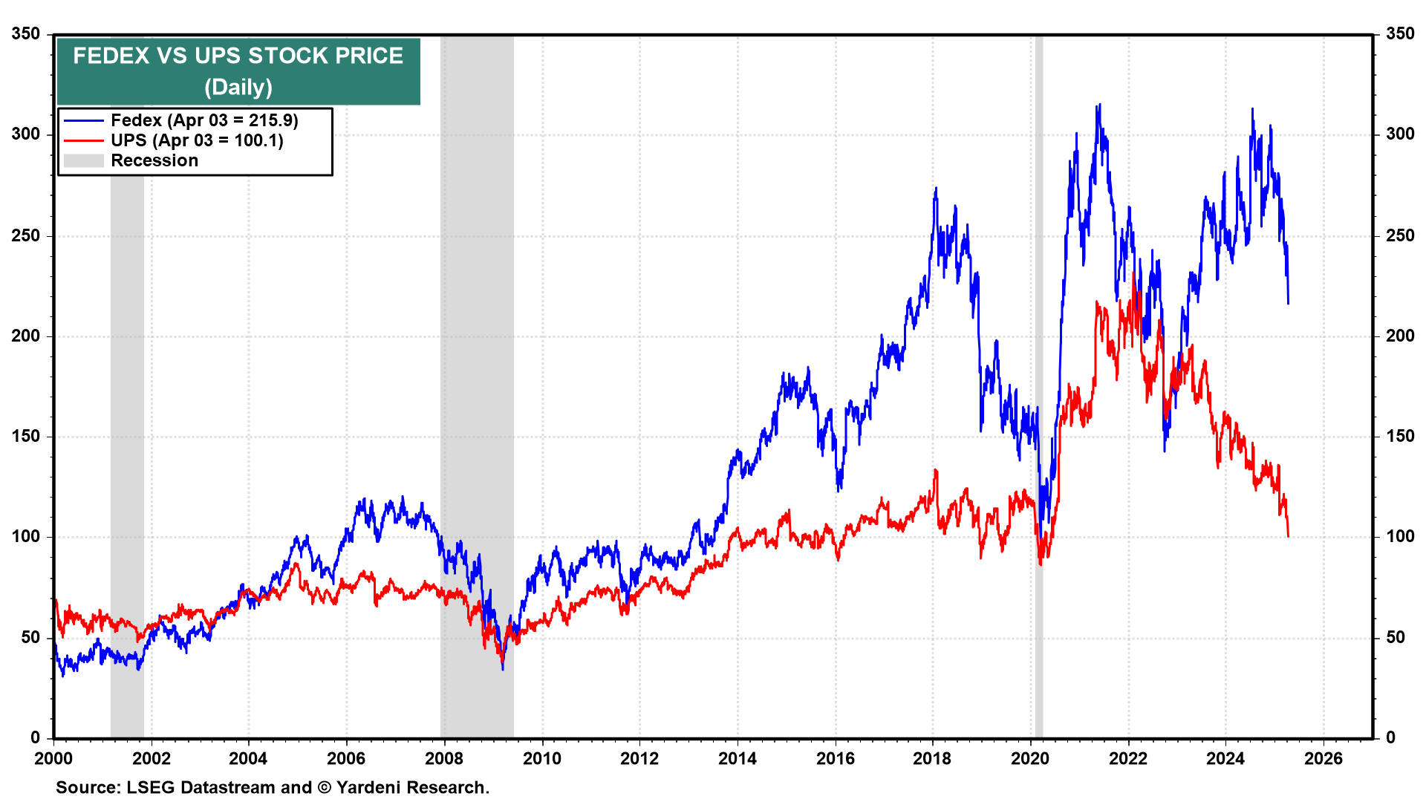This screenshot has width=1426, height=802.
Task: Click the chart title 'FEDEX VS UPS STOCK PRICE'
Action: point(238,56)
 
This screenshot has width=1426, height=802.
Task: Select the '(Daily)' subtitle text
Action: point(238,87)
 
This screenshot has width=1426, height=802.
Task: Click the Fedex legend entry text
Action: point(204,120)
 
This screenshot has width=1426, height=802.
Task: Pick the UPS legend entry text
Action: point(197,140)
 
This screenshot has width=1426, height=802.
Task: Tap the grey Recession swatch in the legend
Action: point(83,160)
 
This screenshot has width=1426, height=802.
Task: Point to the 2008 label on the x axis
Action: point(444,758)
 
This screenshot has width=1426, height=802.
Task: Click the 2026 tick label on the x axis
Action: point(1324,758)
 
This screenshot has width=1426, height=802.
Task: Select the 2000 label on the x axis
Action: point(53,758)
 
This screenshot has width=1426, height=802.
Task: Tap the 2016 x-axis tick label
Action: point(835,758)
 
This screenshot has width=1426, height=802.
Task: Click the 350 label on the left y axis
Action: point(26,34)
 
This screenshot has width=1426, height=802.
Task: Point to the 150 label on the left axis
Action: point(26,436)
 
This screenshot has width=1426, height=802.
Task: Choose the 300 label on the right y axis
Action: point(1400,134)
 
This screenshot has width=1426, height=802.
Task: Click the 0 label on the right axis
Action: point(1391,737)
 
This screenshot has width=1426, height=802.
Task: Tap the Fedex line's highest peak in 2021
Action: point(1099,105)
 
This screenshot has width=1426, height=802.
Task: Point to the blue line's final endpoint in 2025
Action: point(1288,303)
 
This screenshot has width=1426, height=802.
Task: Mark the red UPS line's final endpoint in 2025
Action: point(1288,535)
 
